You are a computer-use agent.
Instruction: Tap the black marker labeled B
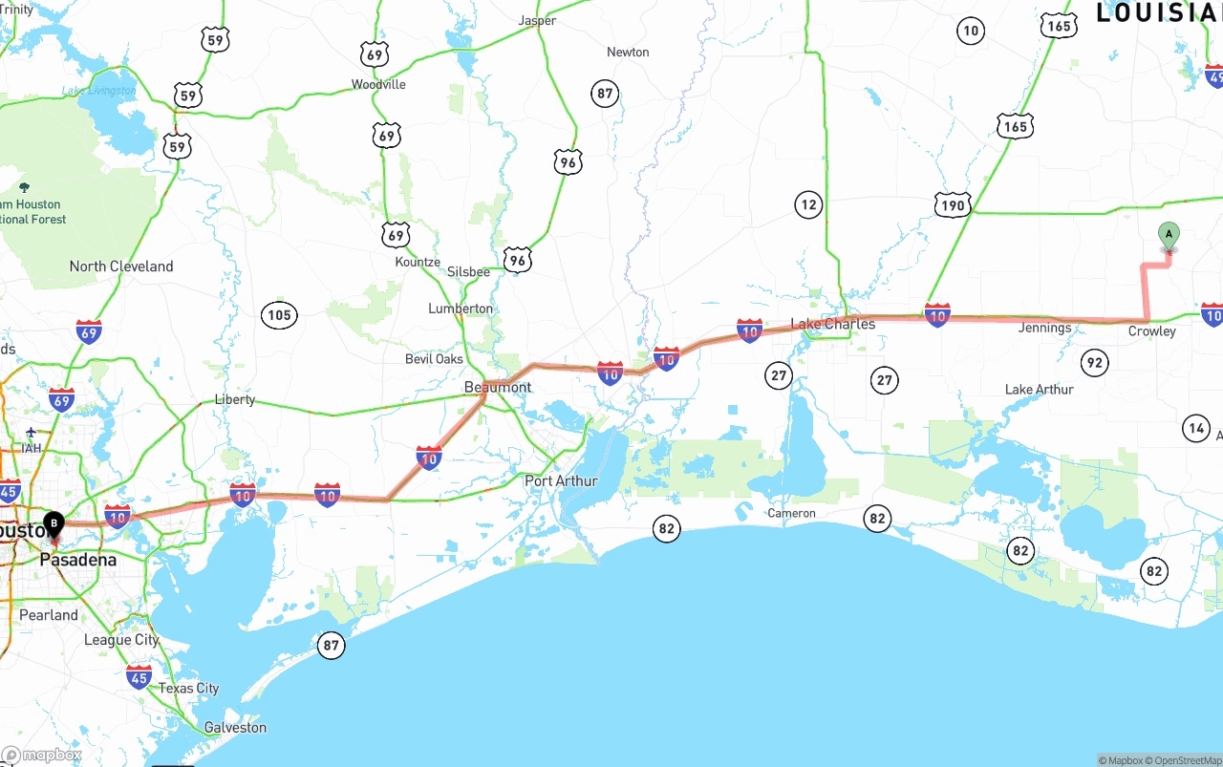(54, 524)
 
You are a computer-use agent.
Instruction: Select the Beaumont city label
(497, 387)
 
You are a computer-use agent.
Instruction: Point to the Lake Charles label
(833, 324)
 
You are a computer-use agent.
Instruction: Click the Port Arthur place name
(561, 480)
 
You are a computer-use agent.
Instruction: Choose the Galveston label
(235, 727)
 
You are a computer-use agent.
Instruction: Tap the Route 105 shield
(279, 315)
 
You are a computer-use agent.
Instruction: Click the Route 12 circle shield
(808, 203)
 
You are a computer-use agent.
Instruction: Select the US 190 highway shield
(953, 204)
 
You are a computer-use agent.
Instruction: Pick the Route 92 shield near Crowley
(1094, 362)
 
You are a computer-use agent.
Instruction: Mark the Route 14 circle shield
(1195, 428)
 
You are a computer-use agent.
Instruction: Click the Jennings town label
(1044, 328)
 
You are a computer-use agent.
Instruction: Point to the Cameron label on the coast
(791, 513)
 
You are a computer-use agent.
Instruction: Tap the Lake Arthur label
(1039, 389)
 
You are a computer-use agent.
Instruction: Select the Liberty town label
(234, 399)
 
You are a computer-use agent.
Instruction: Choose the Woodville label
(378, 84)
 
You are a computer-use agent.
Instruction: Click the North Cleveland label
(121, 266)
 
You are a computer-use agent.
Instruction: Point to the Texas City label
(188, 688)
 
